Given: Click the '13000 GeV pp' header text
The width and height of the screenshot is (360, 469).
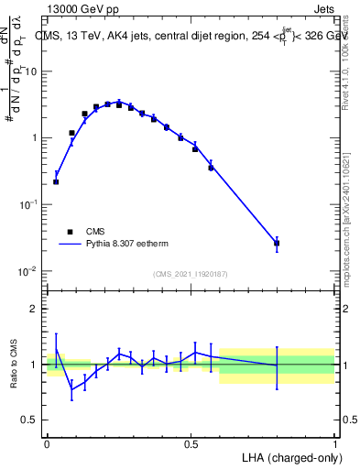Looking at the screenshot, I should pos(85,10).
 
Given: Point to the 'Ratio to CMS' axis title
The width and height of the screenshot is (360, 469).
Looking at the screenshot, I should pos(15,365).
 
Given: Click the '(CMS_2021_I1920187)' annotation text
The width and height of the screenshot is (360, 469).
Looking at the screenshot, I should pos(190,274).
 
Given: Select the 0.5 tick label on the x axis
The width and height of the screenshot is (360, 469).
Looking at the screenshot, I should pos(191,442).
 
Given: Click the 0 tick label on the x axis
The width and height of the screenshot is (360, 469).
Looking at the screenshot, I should pos(47,442).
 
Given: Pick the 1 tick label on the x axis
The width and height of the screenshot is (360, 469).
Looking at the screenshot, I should pos(334,442).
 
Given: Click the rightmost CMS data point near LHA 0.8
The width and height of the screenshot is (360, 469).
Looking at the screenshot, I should pos(277,244).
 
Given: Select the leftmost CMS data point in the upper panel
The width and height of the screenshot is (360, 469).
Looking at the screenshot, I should pos(56,181).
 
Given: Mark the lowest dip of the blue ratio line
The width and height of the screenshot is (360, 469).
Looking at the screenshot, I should pos(71,389).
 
